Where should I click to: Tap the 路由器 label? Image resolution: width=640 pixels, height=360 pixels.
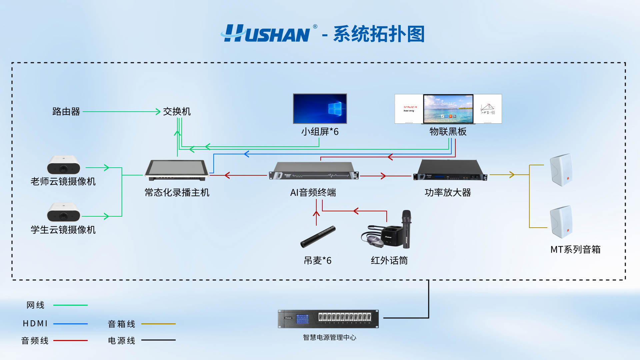[x=66, y=111]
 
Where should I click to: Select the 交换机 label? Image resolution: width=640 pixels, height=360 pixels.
[x=177, y=111]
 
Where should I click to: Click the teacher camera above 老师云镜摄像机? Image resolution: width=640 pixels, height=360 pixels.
[x=64, y=165]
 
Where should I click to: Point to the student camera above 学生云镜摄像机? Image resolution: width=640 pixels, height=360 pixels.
[x=64, y=212]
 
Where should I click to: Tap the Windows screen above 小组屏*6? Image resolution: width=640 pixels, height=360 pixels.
[x=320, y=109]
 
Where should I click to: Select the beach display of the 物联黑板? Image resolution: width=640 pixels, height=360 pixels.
[x=448, y=109]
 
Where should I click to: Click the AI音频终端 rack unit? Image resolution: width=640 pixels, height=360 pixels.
[x=313, y=171]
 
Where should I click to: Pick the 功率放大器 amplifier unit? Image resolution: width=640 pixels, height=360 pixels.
[x=450, y=170]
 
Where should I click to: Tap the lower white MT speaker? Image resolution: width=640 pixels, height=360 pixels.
[x=561, y=222]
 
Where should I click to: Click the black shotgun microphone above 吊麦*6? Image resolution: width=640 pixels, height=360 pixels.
[x=318, y=237]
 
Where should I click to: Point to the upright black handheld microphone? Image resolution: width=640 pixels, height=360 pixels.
[x=406, y=229]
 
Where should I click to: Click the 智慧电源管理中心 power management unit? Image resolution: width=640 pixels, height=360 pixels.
[x=328, y=319]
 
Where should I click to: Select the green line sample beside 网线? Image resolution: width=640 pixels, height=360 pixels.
[x=70, y=305]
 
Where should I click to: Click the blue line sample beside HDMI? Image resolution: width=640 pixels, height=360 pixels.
[x=70, y=324]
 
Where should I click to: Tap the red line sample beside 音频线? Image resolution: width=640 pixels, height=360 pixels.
[x=70, y=340]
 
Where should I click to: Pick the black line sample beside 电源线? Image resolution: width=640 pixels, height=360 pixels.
[x=158, y=340]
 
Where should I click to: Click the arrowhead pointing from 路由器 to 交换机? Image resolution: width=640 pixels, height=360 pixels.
[x=158, y=112]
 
